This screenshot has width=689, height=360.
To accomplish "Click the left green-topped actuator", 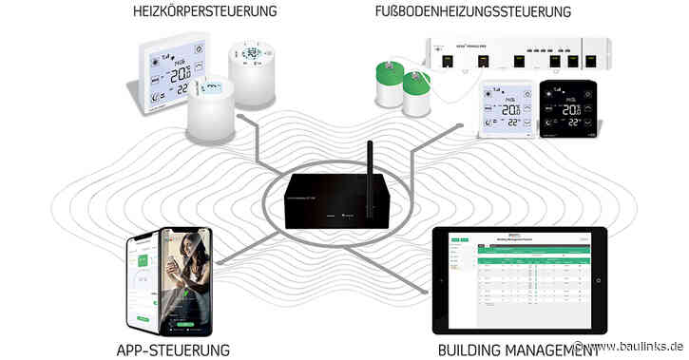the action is pos(388,84).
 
